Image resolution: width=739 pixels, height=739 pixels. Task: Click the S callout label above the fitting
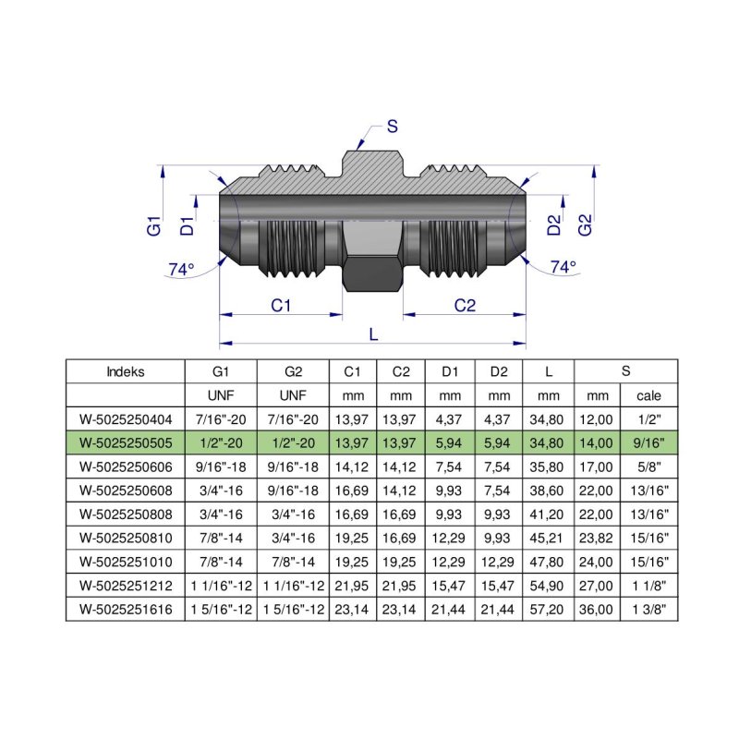click(392, 127)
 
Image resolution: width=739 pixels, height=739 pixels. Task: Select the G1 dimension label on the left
click(154, 224)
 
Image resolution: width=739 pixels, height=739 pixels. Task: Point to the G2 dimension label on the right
click(584, 224)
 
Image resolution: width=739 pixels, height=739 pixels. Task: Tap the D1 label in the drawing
click(188, 224)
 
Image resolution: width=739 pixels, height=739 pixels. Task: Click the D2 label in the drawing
click(553, 224)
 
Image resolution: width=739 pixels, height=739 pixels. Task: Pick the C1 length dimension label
click(281, 305)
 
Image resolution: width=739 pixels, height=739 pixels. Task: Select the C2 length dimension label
click(465, 305)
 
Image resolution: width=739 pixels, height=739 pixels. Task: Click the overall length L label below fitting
click(373, 334)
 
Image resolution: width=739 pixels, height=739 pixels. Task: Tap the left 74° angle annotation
click(181, 269)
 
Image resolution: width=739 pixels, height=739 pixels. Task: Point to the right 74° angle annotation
click(563, 267)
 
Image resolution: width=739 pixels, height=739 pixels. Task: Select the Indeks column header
click(126, 372)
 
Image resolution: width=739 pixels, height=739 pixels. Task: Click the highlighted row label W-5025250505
click(126, 442)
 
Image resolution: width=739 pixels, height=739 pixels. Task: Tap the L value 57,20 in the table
click(549, 610)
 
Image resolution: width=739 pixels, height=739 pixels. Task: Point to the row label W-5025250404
click(126, 418)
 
